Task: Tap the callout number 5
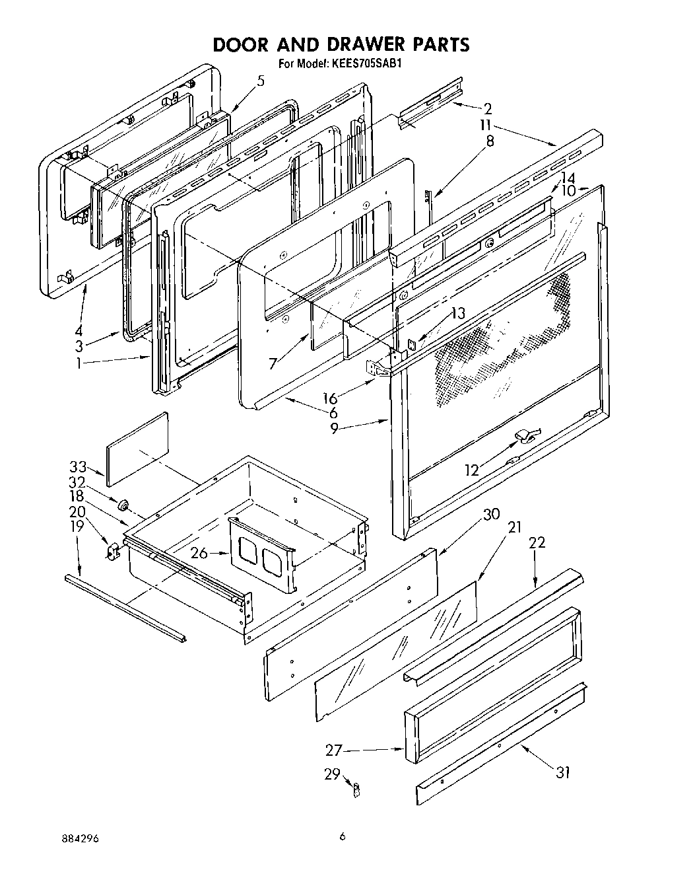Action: pyautogui.click(x=261, y=81)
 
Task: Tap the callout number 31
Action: pyautogui.click(x=562, y=772)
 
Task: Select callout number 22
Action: pyautogui.click(x=537, y=542)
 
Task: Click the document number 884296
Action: pyautogui.click(x=80, y=838)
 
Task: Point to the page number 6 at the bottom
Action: pyautogui.click(x=342, y=837)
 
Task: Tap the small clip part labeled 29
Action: pyautogui.click(x=355, y=788)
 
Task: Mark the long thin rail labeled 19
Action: pyautogui.click(x=125, y=606)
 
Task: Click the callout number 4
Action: pyautogui.click(x=79, y=331)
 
